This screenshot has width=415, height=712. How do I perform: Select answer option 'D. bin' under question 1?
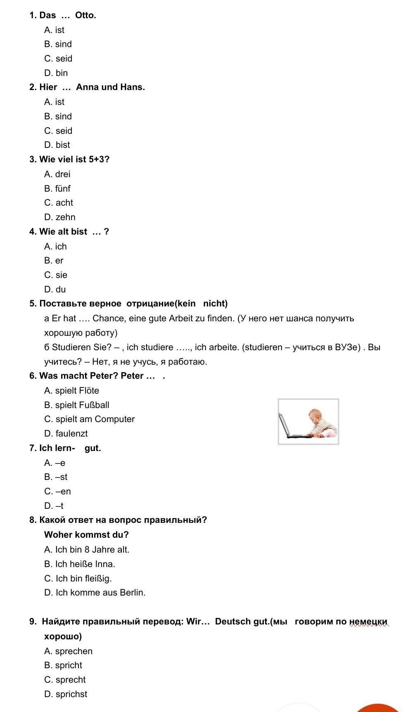56,73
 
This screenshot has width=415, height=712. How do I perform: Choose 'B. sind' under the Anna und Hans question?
58,116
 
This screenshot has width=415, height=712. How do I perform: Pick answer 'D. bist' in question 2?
57,145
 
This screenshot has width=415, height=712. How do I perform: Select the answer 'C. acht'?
59,203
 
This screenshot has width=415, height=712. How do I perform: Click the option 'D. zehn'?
60,217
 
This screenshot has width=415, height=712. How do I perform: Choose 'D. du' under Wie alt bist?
55,290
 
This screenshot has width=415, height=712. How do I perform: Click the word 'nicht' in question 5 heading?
215,304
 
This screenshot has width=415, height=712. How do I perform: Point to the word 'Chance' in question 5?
109,318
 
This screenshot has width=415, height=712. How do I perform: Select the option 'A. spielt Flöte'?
72,391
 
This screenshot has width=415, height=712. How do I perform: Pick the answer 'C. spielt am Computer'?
90,419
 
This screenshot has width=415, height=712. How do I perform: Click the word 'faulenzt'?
71,434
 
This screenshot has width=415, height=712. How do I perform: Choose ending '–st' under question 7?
56,477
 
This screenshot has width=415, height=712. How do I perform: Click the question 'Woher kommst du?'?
86,535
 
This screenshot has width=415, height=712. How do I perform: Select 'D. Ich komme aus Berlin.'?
95,593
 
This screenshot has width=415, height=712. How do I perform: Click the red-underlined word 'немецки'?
368,622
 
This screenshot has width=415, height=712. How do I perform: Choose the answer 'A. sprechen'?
69,651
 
